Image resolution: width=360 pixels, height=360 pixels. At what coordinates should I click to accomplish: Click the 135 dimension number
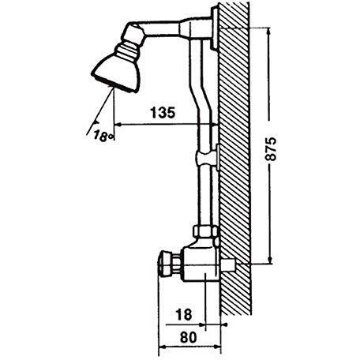[x=163, y=112]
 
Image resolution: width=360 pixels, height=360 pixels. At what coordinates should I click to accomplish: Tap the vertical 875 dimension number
[x=271, y=148]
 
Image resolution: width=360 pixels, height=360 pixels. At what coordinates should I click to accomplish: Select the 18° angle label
[x=103, y=136]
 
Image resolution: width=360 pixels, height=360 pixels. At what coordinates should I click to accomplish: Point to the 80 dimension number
[x=189, y=337]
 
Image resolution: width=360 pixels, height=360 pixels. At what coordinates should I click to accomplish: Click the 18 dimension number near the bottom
[x=184, y=314]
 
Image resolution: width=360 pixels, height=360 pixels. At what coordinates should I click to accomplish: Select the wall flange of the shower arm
[x=215, y=28]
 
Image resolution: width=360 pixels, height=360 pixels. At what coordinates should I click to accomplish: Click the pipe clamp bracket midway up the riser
[x=208, y=157]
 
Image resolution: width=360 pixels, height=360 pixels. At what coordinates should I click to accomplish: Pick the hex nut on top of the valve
[x=205, y=231]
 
